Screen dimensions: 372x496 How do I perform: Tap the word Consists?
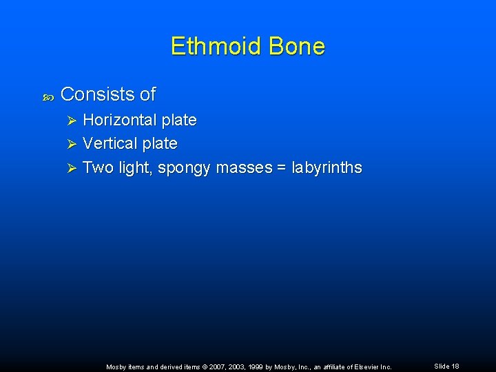coord(98,94)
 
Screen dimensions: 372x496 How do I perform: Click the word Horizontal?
coord(120,120)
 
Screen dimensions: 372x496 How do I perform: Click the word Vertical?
coord(110,143)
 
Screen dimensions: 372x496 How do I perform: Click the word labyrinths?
coord(327,167)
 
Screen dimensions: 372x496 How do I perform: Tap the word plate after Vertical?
coord(160,143)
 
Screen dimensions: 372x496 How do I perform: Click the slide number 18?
coord(455,366)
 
